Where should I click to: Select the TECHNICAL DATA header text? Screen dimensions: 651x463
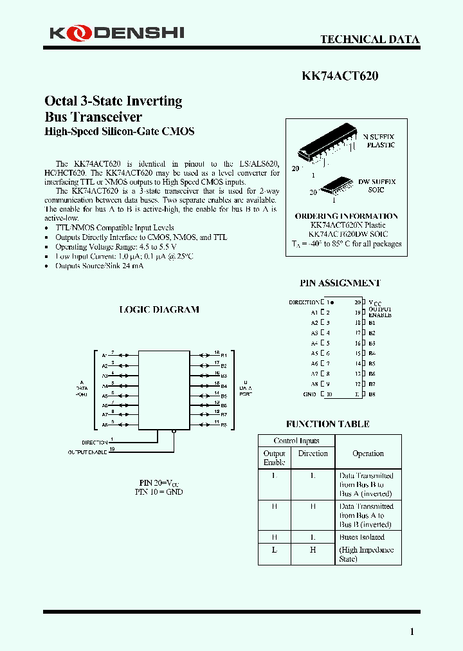coord(370,40)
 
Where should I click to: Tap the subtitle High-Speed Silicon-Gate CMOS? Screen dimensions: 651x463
coord(119,132)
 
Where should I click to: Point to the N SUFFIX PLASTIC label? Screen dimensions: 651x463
coord(379,141)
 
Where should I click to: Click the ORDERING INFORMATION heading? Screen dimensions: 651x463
coord(346,216)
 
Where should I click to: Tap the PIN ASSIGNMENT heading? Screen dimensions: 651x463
coord(340,283)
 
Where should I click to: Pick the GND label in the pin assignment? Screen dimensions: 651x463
coord(309,394)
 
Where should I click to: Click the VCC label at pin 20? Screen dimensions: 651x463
coord(375,302)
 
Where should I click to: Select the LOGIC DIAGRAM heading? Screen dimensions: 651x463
coord(159,309)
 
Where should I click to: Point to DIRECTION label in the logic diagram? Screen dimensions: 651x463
coord(94,443)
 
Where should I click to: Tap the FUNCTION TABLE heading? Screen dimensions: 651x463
coord(327,424)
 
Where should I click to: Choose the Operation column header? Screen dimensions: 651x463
coord(368,454)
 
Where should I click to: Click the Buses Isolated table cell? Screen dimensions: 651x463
coord(361,537)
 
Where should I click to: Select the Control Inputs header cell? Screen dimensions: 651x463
coord(296,441)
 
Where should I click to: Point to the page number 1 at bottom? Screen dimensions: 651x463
coord(412,632)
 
